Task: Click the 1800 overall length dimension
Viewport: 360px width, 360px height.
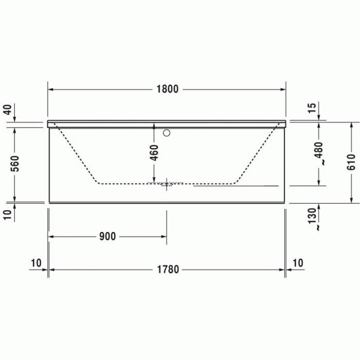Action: pos(167,89)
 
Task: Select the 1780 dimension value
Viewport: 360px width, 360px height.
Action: pos(167,269)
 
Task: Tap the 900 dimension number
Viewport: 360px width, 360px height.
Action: pos(107,237)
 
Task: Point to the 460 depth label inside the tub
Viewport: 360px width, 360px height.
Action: pos(154,153)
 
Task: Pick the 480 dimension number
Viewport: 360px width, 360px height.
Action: pos(319,149)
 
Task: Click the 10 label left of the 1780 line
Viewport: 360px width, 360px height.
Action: pos(35,263)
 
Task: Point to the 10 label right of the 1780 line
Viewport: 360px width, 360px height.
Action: pos(298,263)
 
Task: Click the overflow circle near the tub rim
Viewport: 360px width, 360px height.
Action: pos(166,134)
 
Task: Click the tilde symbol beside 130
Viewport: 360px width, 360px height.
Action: pos(319,226)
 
